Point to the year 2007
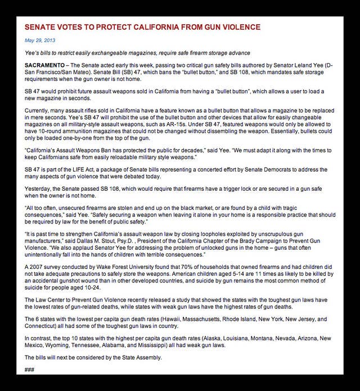[38, 267]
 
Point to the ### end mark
[30, 370]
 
